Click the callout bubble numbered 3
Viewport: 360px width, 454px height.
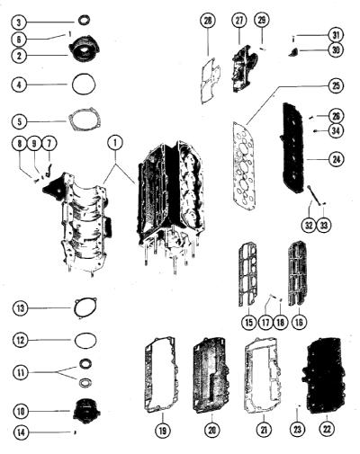(19, 22)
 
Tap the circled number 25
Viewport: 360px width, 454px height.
(336, 85)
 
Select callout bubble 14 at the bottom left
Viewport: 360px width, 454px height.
(21, 432)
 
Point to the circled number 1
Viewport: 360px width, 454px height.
(115, 144)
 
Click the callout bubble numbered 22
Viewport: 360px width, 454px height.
(327, 429)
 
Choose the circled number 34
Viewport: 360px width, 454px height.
(336, 130)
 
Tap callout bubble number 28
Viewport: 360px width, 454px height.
(208, 21)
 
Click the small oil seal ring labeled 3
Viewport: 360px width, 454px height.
(84, 21)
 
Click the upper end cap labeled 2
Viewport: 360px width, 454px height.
(84, 49)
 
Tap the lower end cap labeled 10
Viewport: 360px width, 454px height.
(86, 412)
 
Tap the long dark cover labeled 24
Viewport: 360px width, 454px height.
(294, 148)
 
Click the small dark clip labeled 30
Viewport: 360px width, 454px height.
(292, 52)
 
